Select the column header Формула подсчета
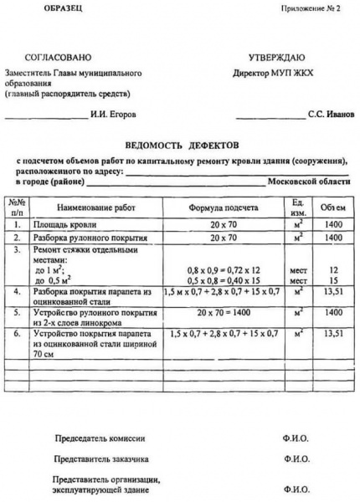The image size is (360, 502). click(224, 207)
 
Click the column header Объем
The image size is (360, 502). click(334, 207)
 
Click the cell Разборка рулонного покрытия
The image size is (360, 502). click(84, 238)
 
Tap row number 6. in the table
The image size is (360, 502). click(17, 333)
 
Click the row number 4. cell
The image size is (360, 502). click(17, 291)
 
